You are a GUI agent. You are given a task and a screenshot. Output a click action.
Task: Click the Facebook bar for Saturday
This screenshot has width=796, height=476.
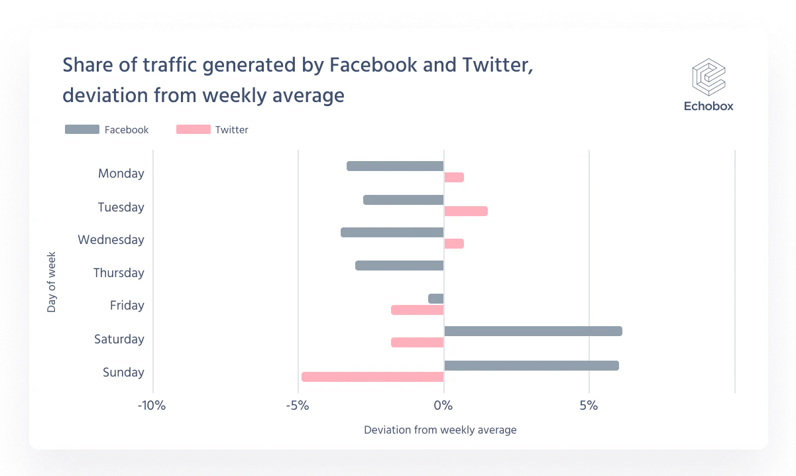point(533,331)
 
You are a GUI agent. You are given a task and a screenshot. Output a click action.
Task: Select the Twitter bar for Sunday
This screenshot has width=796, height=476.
point(372,377)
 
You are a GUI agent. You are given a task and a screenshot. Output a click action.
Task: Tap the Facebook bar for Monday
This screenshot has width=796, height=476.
point(395,166)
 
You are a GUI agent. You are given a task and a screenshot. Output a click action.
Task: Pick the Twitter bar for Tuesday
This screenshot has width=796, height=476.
point(465,211)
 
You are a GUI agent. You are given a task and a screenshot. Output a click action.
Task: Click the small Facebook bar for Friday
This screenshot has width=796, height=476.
point(436,299)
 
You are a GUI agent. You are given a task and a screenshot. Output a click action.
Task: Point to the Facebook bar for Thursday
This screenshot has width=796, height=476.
point(399,266)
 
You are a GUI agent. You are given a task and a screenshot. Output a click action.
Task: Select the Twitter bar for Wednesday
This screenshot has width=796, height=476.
point(454,244)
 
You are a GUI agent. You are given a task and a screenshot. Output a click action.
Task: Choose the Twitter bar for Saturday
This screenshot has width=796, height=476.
point(417,343)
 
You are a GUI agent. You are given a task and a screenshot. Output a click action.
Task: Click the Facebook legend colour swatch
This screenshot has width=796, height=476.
point(82,129)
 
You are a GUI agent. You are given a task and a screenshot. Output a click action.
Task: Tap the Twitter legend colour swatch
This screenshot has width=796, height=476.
point(193,129)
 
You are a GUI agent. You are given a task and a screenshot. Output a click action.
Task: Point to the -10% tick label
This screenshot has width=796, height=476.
point(151,406)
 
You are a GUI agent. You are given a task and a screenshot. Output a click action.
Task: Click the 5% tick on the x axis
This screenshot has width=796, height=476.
point(589,406)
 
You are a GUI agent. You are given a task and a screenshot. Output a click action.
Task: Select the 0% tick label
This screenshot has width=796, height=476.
point(443,406)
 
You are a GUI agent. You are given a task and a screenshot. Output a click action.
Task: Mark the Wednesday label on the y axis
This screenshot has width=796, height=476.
point(111,240)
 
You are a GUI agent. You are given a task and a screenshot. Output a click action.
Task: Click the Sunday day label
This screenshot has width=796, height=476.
point(123,373)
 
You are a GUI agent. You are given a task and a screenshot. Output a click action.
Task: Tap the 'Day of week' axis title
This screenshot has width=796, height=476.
point(52,281)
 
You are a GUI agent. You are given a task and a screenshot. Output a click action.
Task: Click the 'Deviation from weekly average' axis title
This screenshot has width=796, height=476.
point(440,430)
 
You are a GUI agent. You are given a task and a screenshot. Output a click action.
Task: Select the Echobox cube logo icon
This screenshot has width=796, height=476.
point(709,76)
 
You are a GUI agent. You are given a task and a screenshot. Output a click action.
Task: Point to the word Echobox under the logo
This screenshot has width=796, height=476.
point(709,106)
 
